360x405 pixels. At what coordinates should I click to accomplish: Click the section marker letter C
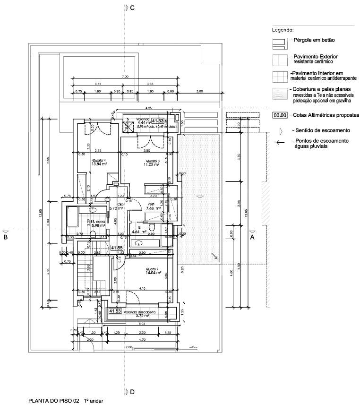coord(132,8)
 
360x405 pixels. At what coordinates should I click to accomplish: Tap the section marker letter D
coord(132,392)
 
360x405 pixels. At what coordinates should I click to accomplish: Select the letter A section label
coord(252,237)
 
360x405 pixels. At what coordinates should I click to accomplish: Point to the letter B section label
coord(6,237)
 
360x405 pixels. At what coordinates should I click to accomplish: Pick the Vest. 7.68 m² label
coord(154,206)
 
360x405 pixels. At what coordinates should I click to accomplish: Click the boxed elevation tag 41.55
coord(117,247)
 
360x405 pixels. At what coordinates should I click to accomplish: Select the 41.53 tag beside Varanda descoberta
coord(115,311)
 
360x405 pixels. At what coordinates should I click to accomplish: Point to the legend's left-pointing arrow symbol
coord(281,142)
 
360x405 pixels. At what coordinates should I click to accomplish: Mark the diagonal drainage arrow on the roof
coord(214,256)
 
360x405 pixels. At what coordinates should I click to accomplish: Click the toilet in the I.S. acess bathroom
coord(93,234)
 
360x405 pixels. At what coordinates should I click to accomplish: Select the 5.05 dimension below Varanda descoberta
coord(141,325)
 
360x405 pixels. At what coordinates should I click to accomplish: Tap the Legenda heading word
coord(283,29)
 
